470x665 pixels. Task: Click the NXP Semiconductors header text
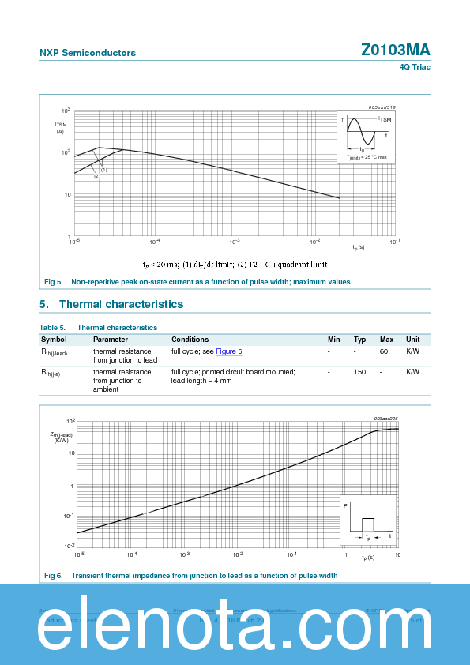click(x=88, y=53)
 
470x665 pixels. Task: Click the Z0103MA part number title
click(x=396, y=50)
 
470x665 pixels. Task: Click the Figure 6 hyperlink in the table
click(x=229, y=351)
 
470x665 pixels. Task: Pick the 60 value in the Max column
click(x=384, y=351)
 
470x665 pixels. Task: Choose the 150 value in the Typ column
click(x=359, y=371)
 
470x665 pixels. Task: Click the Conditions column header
click(x=190, y=339)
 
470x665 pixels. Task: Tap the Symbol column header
click(x=54, y=339)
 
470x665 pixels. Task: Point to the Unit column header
click(x=412, y=339)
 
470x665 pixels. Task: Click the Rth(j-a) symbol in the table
click(x=51, y=372)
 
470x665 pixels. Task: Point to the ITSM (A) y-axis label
click(x=61, y=127)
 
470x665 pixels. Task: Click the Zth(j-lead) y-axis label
click(x=61, y=437)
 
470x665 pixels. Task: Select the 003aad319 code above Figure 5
click(x=382, y=107)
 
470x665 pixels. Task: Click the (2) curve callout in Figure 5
click(x=97, y=176)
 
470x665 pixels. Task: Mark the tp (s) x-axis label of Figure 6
click(x=368, y=558)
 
